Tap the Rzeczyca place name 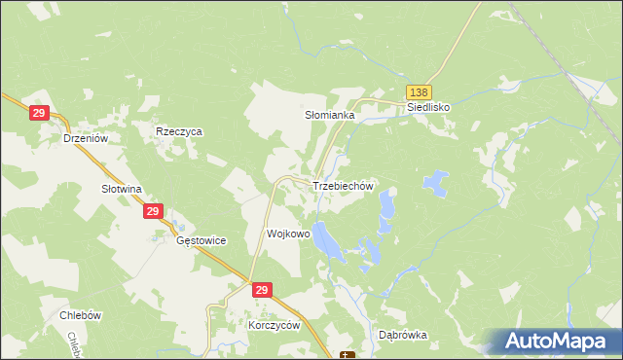pyautogui.click(x=178, y=130)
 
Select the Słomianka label pyautogui.click(x=331, y=115)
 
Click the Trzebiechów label pyautogui.click(x=343, y=186)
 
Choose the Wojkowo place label pyautogui.click(x=288, y=234)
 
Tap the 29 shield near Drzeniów pyautogui.click(x=39, y=114)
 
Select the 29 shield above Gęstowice pyautogui.click(x=153, y=210)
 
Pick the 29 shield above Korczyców pyautogui.click(x=261, y=290)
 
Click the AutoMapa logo pyautogui.click(x=556, y=342)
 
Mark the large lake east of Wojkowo pyautogui.click(x=327, y=240)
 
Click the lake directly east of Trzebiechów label pyautogui.click(x=387, y=204)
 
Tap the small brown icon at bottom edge pyautogui.click(x=348, y=354)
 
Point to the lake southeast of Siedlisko pyautogui.click(x=435, y=181)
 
